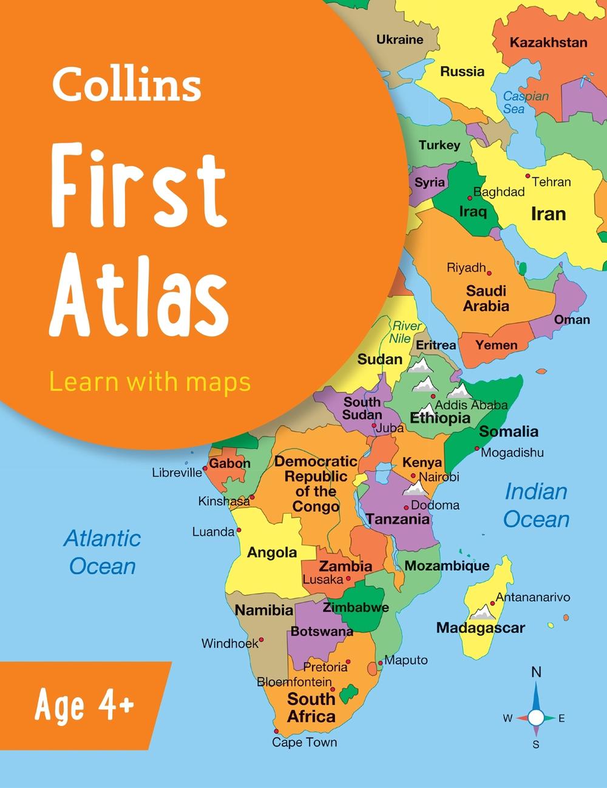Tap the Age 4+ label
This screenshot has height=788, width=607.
pyautogui.click(x=84, y=706)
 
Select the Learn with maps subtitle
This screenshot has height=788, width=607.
pyautogui.click(x=149, y=382)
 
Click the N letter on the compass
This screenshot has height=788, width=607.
pyautogui.click(x=536, y=672)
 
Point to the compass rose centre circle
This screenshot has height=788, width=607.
pyautogui.click(x=536, y=718)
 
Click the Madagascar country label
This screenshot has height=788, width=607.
pyautogui.click(x=480, y=628)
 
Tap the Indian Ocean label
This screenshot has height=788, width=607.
pyautogui.click(x=537, y=506)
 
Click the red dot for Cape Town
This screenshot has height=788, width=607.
pyautogui.click(x=276, y=731)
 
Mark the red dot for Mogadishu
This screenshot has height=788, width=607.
pyautogui.click(x=475, y=451)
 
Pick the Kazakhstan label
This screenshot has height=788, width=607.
pyautogui.click(x=548, y=42)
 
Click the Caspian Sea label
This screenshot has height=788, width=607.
pyautogui.click(x=525, y=103)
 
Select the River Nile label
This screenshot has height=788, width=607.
pyautogui.click(x=406, y=332)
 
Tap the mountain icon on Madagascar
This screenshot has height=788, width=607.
pyautogui.click(x=484, y=611)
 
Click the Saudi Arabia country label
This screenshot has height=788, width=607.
pyautogui.click(x=486, y=298)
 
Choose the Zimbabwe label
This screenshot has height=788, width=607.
pyautogui.click(x=356, y=607)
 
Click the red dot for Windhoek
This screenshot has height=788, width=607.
pyautogui.click(x=262, y=639)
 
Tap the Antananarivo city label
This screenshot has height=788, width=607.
pyautogui.click(x=533, y=597)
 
